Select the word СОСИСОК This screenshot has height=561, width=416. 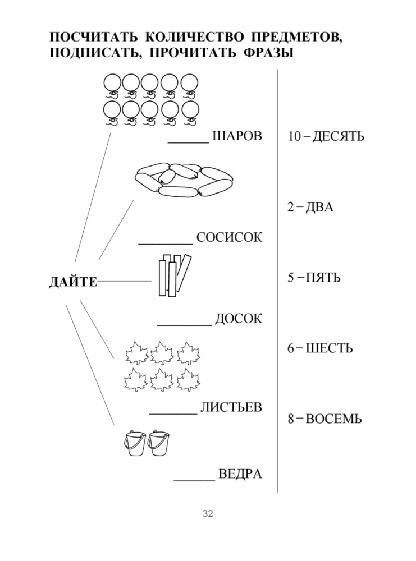229,238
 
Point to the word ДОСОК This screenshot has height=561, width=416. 238,319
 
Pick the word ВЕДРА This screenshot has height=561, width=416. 240,474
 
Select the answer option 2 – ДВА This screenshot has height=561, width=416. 310,207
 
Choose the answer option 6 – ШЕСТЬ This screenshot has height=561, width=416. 320,348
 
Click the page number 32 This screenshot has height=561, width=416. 208,514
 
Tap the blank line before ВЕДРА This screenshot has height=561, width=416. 195,480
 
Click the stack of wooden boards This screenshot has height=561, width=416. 172,275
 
